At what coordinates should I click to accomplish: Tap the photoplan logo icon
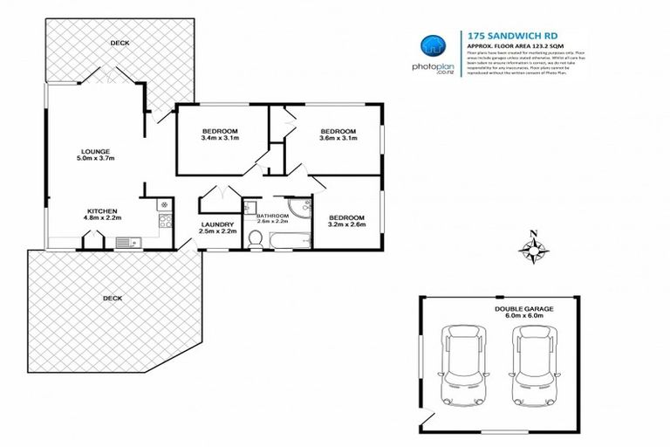click(431, 48)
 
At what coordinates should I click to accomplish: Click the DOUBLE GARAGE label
click(523, 308)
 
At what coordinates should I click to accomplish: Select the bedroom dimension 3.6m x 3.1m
click(338, 139)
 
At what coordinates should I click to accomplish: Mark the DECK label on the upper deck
click(120, 43)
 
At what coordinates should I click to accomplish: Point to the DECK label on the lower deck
click(113, 298)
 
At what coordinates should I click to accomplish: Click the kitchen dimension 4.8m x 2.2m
click(102, 217)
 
